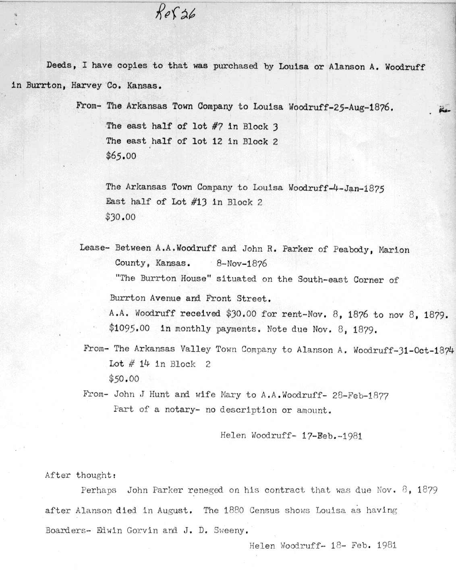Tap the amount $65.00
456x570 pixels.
pos(121,156)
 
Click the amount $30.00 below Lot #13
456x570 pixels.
pos(120,217)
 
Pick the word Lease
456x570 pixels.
pos(93,248)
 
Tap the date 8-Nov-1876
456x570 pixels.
pos(242,264)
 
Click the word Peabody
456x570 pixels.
pos(353,249)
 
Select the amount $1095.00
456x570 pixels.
pos(129,328)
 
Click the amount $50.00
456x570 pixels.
pos(124,379)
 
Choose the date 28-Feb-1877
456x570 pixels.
pos(361,395)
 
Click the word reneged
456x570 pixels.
pos(205,490)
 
